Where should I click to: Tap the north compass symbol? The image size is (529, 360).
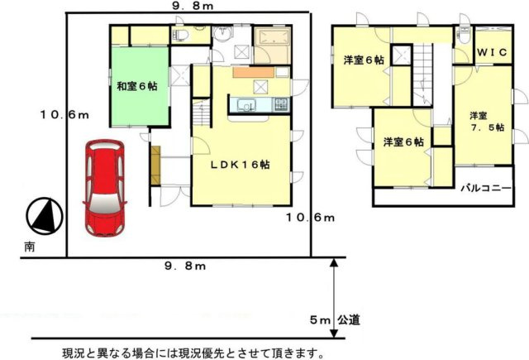click(44, 217)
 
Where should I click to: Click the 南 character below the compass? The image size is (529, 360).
click(29, 246)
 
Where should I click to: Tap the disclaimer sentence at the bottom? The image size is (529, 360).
click(193, 353)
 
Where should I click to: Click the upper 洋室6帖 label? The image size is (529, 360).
click(364, 60)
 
